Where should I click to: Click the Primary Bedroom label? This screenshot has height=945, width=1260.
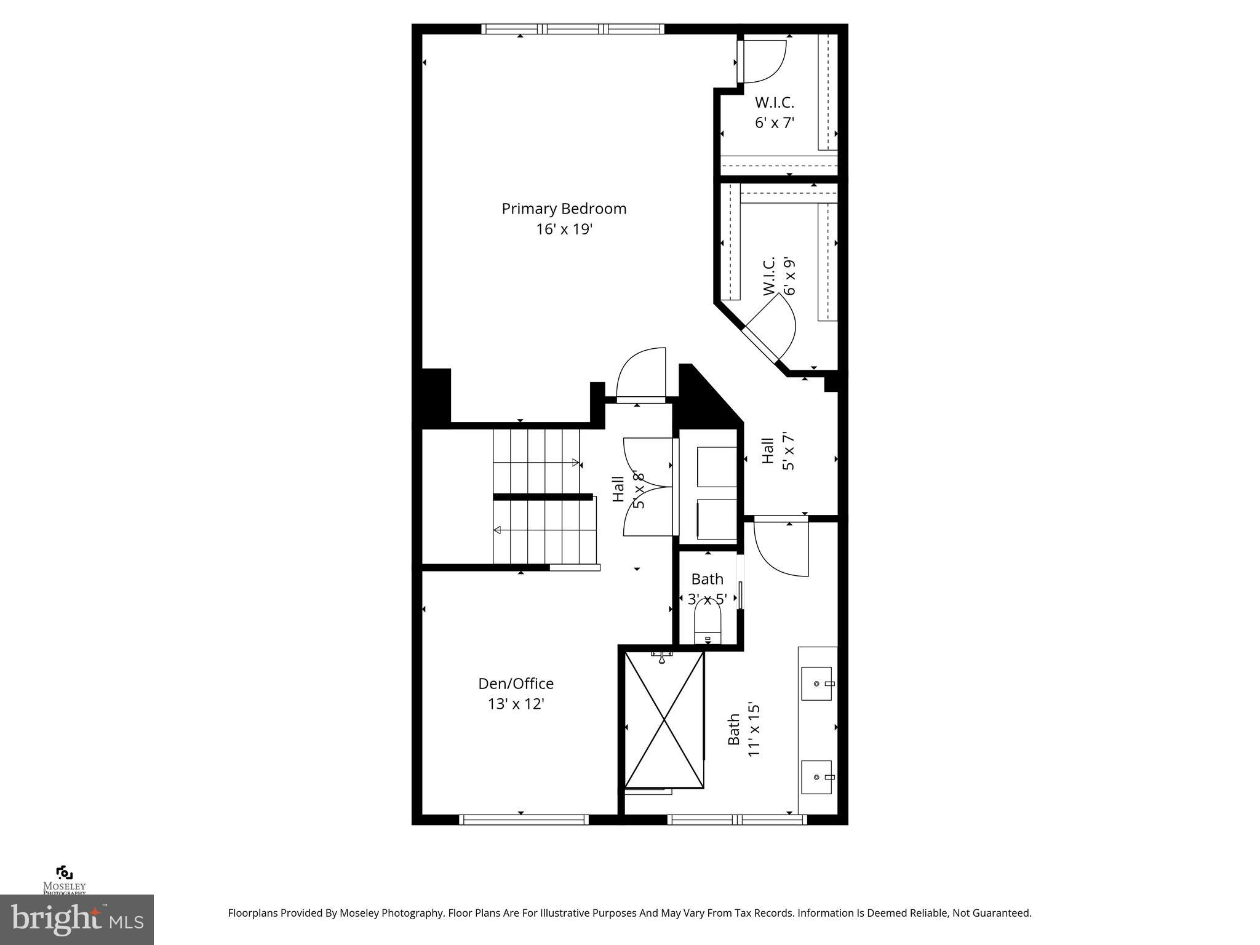pos(564,209)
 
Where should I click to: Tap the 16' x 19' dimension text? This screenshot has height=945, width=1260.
pos(564,229)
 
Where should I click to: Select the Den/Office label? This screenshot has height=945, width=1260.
pos(516,684)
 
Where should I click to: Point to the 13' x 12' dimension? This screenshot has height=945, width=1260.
pos(516,704)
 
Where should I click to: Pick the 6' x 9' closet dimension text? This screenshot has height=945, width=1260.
pos(789,276)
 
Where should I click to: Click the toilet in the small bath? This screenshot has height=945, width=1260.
pos(708,623)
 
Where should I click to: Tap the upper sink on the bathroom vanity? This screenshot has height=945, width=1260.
pos(816,684)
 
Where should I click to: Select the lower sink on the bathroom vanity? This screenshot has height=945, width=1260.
pos(816,778)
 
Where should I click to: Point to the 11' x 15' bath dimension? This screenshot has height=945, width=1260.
pos(754,730)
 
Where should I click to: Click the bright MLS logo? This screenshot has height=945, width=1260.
pos(77,920)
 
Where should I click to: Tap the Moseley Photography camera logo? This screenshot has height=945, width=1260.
pos(64,874)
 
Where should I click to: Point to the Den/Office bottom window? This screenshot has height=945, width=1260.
pos(524,819)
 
